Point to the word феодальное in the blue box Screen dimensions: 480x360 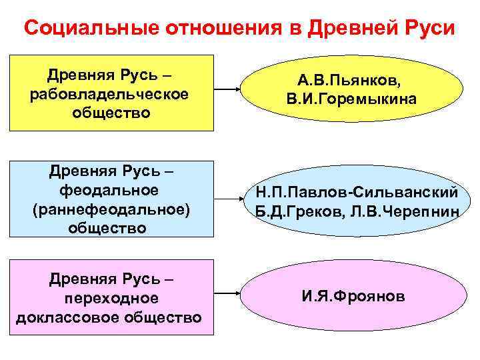click(x=109, y=190)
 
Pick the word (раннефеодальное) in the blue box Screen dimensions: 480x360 click(x=111, y=209)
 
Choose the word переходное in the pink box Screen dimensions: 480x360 click(x=111, y=298)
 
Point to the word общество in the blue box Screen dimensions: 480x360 click(x=111, y=227)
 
